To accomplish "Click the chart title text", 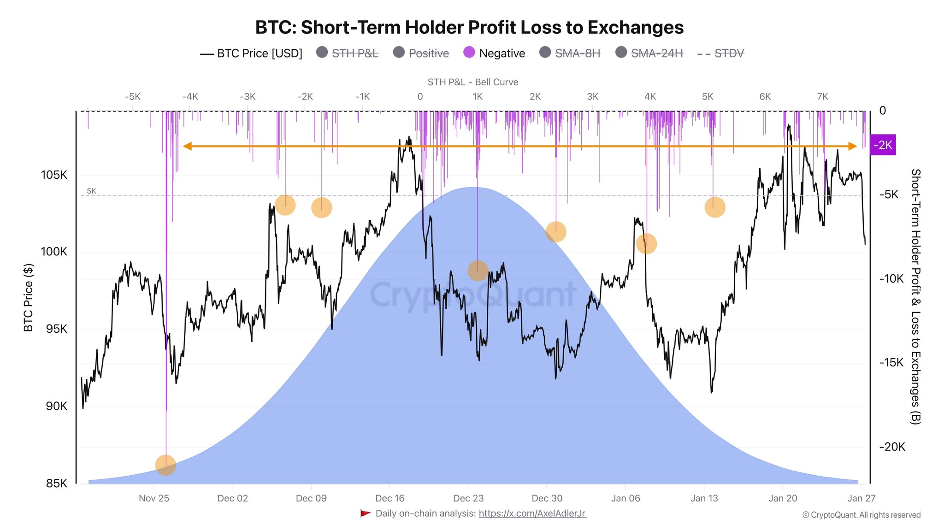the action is [x=469, y=28].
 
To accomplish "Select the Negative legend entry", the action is [x=494, y=53].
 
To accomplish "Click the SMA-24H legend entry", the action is [x=649, y=53].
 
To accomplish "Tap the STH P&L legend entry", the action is [x=348, y=53].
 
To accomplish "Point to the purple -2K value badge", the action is [x=883, y=145].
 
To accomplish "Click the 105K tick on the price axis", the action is [x=54, y=175].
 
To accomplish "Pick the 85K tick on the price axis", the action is [x=56, y=484].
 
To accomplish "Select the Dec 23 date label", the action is [x=468, y=498].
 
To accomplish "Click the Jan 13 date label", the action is [x=704, y=498].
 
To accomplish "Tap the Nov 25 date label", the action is [x=154, y=498].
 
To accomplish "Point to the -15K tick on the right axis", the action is [x=892, y=363].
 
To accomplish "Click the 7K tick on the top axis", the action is [x=822, y=97].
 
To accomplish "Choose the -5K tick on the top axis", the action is [x=132, y=97].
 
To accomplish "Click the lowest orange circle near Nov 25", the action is [x=165, y=465].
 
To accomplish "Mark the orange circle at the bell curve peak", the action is [x=478, y=271].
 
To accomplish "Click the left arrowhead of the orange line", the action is [x=187, y=146].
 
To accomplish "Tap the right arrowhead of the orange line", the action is [x=853, y=146].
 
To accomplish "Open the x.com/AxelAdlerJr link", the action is [x=532, y=513].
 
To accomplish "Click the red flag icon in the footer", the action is [x=366, y=513].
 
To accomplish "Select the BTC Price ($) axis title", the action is [x=29, y=298].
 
